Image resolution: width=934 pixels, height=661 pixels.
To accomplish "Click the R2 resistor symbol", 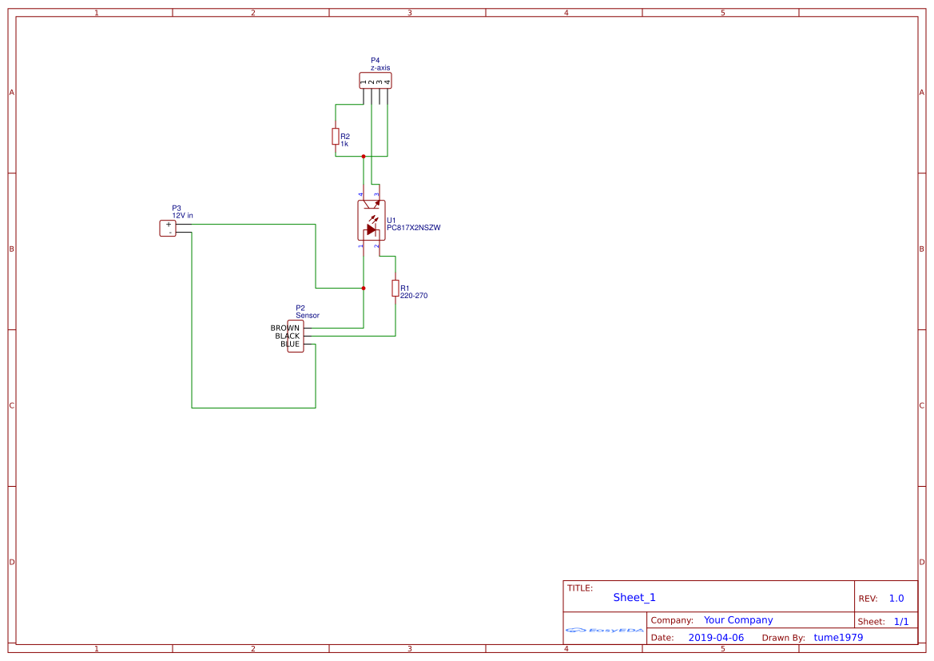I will click(336, 137).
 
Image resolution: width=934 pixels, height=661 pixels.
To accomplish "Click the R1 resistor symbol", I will click(395, 288).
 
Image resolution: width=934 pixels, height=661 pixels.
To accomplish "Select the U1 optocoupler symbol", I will click(371, 221).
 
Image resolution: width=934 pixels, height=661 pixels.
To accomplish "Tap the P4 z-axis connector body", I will click(376, 81).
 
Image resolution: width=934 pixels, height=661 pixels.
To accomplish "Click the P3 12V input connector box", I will click(168, 229).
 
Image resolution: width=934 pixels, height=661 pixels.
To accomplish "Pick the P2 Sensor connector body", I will click(296, 336).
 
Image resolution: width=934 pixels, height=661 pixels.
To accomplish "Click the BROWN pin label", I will click(285, 329).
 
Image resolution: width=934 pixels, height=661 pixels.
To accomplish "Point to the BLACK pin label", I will click(287, 336).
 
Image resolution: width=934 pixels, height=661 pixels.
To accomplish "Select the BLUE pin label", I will click(289, 344).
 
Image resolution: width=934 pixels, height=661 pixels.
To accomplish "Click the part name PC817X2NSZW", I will click(414, 228).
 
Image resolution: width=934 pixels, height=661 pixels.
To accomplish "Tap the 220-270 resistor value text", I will click(414, 296).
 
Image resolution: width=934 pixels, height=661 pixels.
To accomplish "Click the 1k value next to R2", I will click(344, 144).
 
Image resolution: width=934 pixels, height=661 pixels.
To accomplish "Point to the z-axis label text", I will click(380, 68).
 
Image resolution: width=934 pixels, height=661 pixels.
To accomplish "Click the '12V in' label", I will click(182, 216).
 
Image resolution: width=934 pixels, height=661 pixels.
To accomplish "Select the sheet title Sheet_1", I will click(634, 598).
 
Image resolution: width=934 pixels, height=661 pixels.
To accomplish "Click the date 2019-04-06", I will click(716, 638).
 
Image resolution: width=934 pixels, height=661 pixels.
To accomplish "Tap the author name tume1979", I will click(838, 638).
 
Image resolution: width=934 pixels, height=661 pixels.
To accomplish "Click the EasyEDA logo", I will click(605, 630).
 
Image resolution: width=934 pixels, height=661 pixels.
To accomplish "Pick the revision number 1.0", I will click(896, 599).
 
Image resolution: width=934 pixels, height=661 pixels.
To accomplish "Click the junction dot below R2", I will click(364, 157).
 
